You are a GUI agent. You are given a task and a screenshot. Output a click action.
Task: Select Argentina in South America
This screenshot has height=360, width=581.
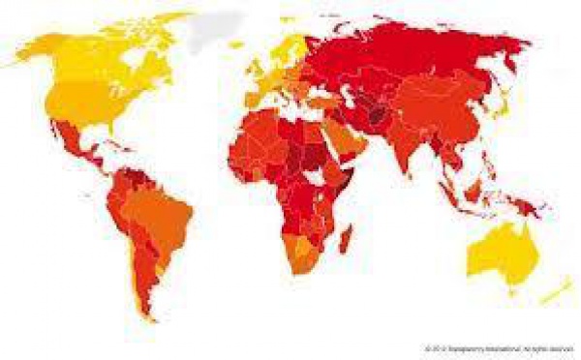145,271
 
